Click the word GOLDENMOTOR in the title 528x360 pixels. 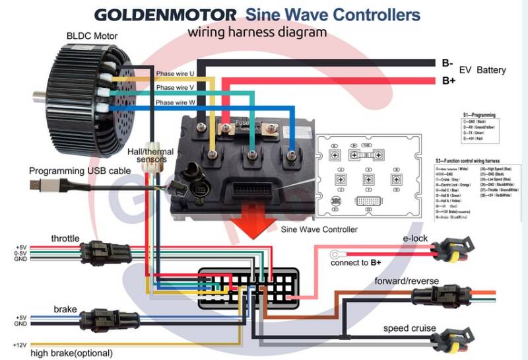click(x=165, y=15)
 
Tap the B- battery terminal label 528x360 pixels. click(x=448, y=64)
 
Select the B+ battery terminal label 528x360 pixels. click(x=449, y=81)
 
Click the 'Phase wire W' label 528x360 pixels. click(x=175, y=102)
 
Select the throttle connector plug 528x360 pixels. click(x=106, y=251)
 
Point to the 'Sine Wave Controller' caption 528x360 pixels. click(x=319, y=230)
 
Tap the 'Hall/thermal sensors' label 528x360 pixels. click(x=156, y=155)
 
